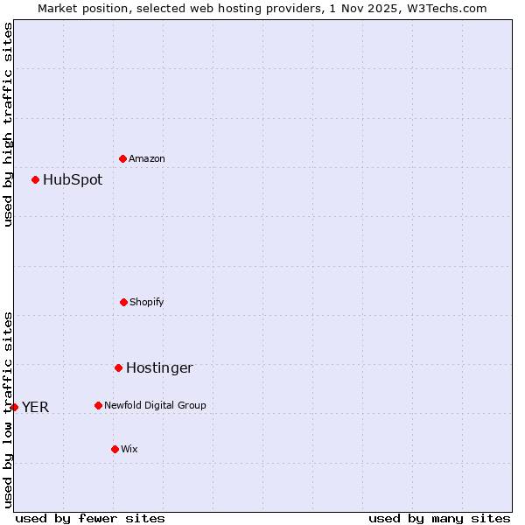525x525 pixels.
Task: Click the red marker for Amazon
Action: [x=123, y=158]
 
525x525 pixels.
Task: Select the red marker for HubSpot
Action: [x=36, y=179]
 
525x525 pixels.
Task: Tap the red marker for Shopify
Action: [x=123, y=302]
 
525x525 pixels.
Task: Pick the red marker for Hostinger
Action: [x=118, y=367]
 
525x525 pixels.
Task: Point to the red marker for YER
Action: [x=14, y=407]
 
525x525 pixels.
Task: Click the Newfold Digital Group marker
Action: [x=98, y=405]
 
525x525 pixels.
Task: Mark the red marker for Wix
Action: [x=115, y=449]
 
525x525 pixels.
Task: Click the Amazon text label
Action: [x=147, y=159]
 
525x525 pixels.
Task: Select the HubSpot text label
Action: [x=73, y=180]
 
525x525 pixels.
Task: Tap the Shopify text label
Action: [x=147, y=303]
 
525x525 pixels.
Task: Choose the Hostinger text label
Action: [x=159, y=368]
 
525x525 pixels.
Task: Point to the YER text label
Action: [x=36, y=408]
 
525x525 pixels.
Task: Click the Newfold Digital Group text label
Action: [x=156, y=406]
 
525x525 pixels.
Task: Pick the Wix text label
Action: [x=129, y=450]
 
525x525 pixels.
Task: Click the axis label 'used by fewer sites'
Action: [x=90, y=518]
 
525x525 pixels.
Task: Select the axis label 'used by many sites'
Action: [x=439, y=518]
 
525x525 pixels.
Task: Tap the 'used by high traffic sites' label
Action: [x=8, y=124]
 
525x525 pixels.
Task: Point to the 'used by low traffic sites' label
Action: [x=8, y=409]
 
